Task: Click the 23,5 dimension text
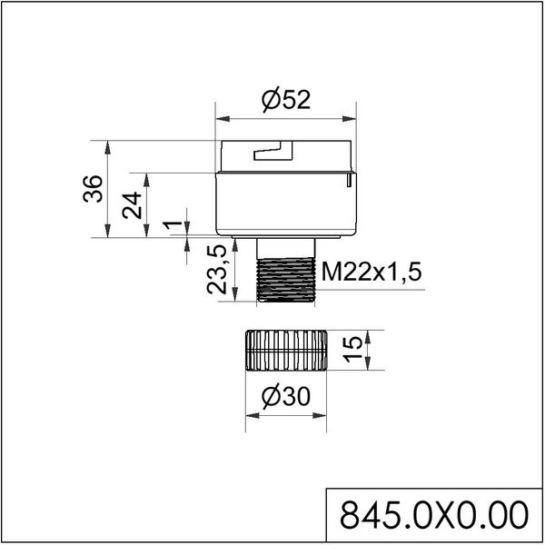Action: coord(217,270)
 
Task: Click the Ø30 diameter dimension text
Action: coord(285,398)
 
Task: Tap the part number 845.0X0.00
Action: coord(432,516)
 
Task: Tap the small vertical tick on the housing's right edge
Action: coord(348,183)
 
